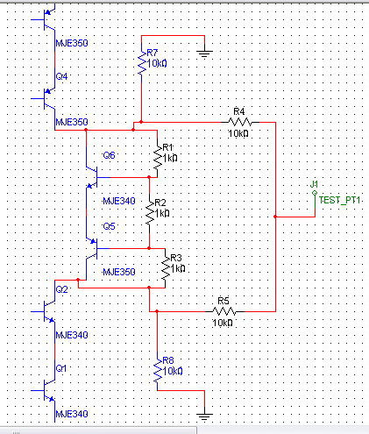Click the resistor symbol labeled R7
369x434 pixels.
click(142, 63)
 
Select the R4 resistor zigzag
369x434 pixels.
click(239, 122)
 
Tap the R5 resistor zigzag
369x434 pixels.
click(224, 311)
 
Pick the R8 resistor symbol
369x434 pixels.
click(158, 371)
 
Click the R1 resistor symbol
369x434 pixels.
click(158, 158)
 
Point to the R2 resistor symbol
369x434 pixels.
click(150, 213)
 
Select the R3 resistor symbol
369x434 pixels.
click(166, 268)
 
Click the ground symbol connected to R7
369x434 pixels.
click(204, 53)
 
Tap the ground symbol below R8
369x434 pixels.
click(204, 416)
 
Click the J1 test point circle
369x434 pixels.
click(315, 193)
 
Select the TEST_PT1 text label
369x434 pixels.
click(339, 200)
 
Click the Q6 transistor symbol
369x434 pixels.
click(93, 177)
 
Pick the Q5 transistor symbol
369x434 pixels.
click(93, 248)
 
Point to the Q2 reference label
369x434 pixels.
click(61, 289)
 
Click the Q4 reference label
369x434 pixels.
click(61, 76)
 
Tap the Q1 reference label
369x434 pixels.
click(61, 368)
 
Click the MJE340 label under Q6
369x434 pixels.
click(119, 201)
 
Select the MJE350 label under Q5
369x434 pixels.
click(119, 272)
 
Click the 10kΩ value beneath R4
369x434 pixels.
click(238, 133)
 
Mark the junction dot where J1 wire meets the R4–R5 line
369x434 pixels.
click(275, 217)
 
